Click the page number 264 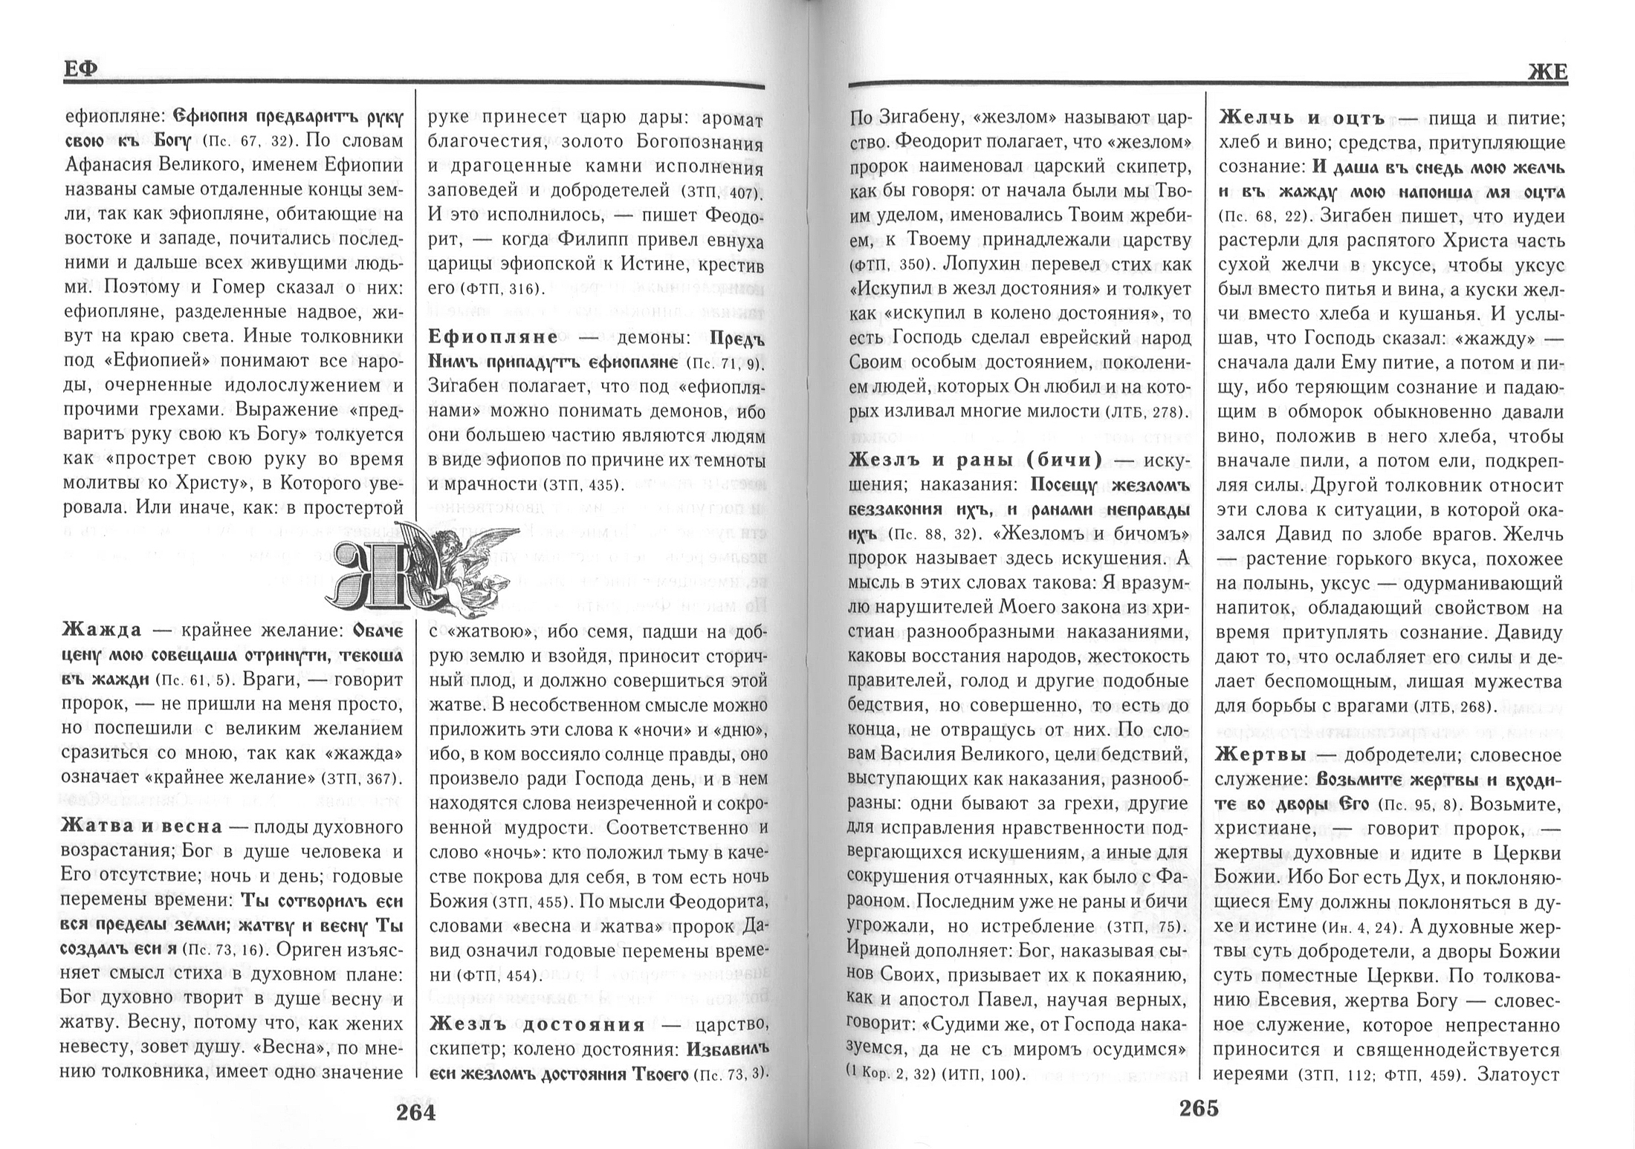coord(415,1112)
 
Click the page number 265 coord(1199,1108)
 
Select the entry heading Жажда coord(101,631)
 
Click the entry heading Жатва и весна coord(141,827)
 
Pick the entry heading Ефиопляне coord(493,337)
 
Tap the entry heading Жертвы coord(1261,755)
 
